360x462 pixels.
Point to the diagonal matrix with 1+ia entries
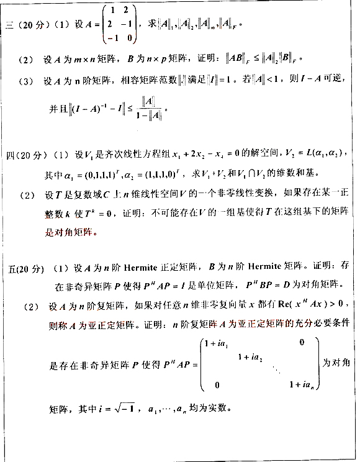click(x=260, y=364)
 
